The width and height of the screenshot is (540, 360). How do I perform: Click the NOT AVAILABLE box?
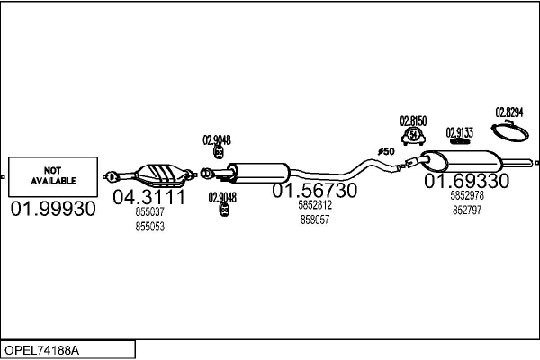53,176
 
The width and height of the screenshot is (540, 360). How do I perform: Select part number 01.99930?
53,209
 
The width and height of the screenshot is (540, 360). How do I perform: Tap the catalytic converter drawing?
149,175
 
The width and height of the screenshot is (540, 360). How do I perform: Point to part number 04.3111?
149,197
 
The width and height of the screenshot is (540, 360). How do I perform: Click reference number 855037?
149,211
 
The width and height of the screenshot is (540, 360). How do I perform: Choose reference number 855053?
149,226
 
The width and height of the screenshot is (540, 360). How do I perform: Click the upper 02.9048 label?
217,140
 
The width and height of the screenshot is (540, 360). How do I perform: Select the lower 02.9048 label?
222,197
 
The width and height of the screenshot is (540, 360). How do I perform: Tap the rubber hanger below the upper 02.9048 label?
219,152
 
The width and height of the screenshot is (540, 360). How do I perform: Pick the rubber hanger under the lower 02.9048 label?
224,210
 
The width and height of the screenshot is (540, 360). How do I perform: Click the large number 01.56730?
315,190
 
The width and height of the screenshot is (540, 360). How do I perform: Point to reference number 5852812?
315,205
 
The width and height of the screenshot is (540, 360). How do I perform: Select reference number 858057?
315,220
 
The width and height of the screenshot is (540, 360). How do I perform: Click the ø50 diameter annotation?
386,151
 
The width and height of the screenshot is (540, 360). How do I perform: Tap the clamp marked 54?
413,136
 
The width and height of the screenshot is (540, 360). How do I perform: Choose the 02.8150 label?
413,121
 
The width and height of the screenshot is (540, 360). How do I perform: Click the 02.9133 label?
459,132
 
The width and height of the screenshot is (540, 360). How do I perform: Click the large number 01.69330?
466,181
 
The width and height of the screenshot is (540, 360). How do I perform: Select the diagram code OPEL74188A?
41,350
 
